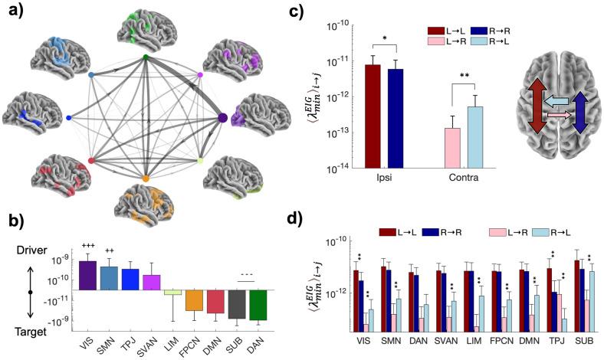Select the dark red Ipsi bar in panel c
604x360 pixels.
point(373,115)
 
